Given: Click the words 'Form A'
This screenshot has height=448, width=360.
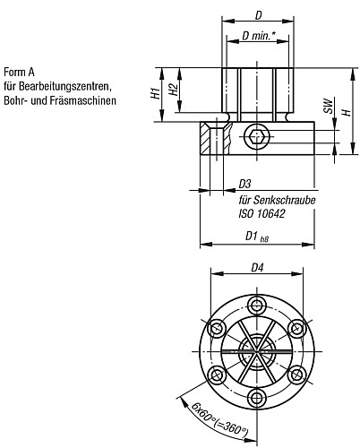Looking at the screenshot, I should pyautogui.click(x=20, y=73).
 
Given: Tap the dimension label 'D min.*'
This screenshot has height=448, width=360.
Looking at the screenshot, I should pyautogui.click(x=258, y=35).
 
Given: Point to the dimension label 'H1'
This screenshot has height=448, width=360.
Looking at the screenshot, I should pyautogui.click(x=154, y=93).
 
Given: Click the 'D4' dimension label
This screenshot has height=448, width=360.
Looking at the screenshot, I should pyautogui.click(x=256, y=266).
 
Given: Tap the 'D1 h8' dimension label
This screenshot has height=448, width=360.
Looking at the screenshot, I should pyautogui.click(x=256, y=236).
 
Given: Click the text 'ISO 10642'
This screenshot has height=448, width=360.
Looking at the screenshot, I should pyautogui.click(x=259, y=214).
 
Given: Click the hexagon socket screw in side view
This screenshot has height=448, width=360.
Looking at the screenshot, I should pyautogui.click(x=255, y=138).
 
